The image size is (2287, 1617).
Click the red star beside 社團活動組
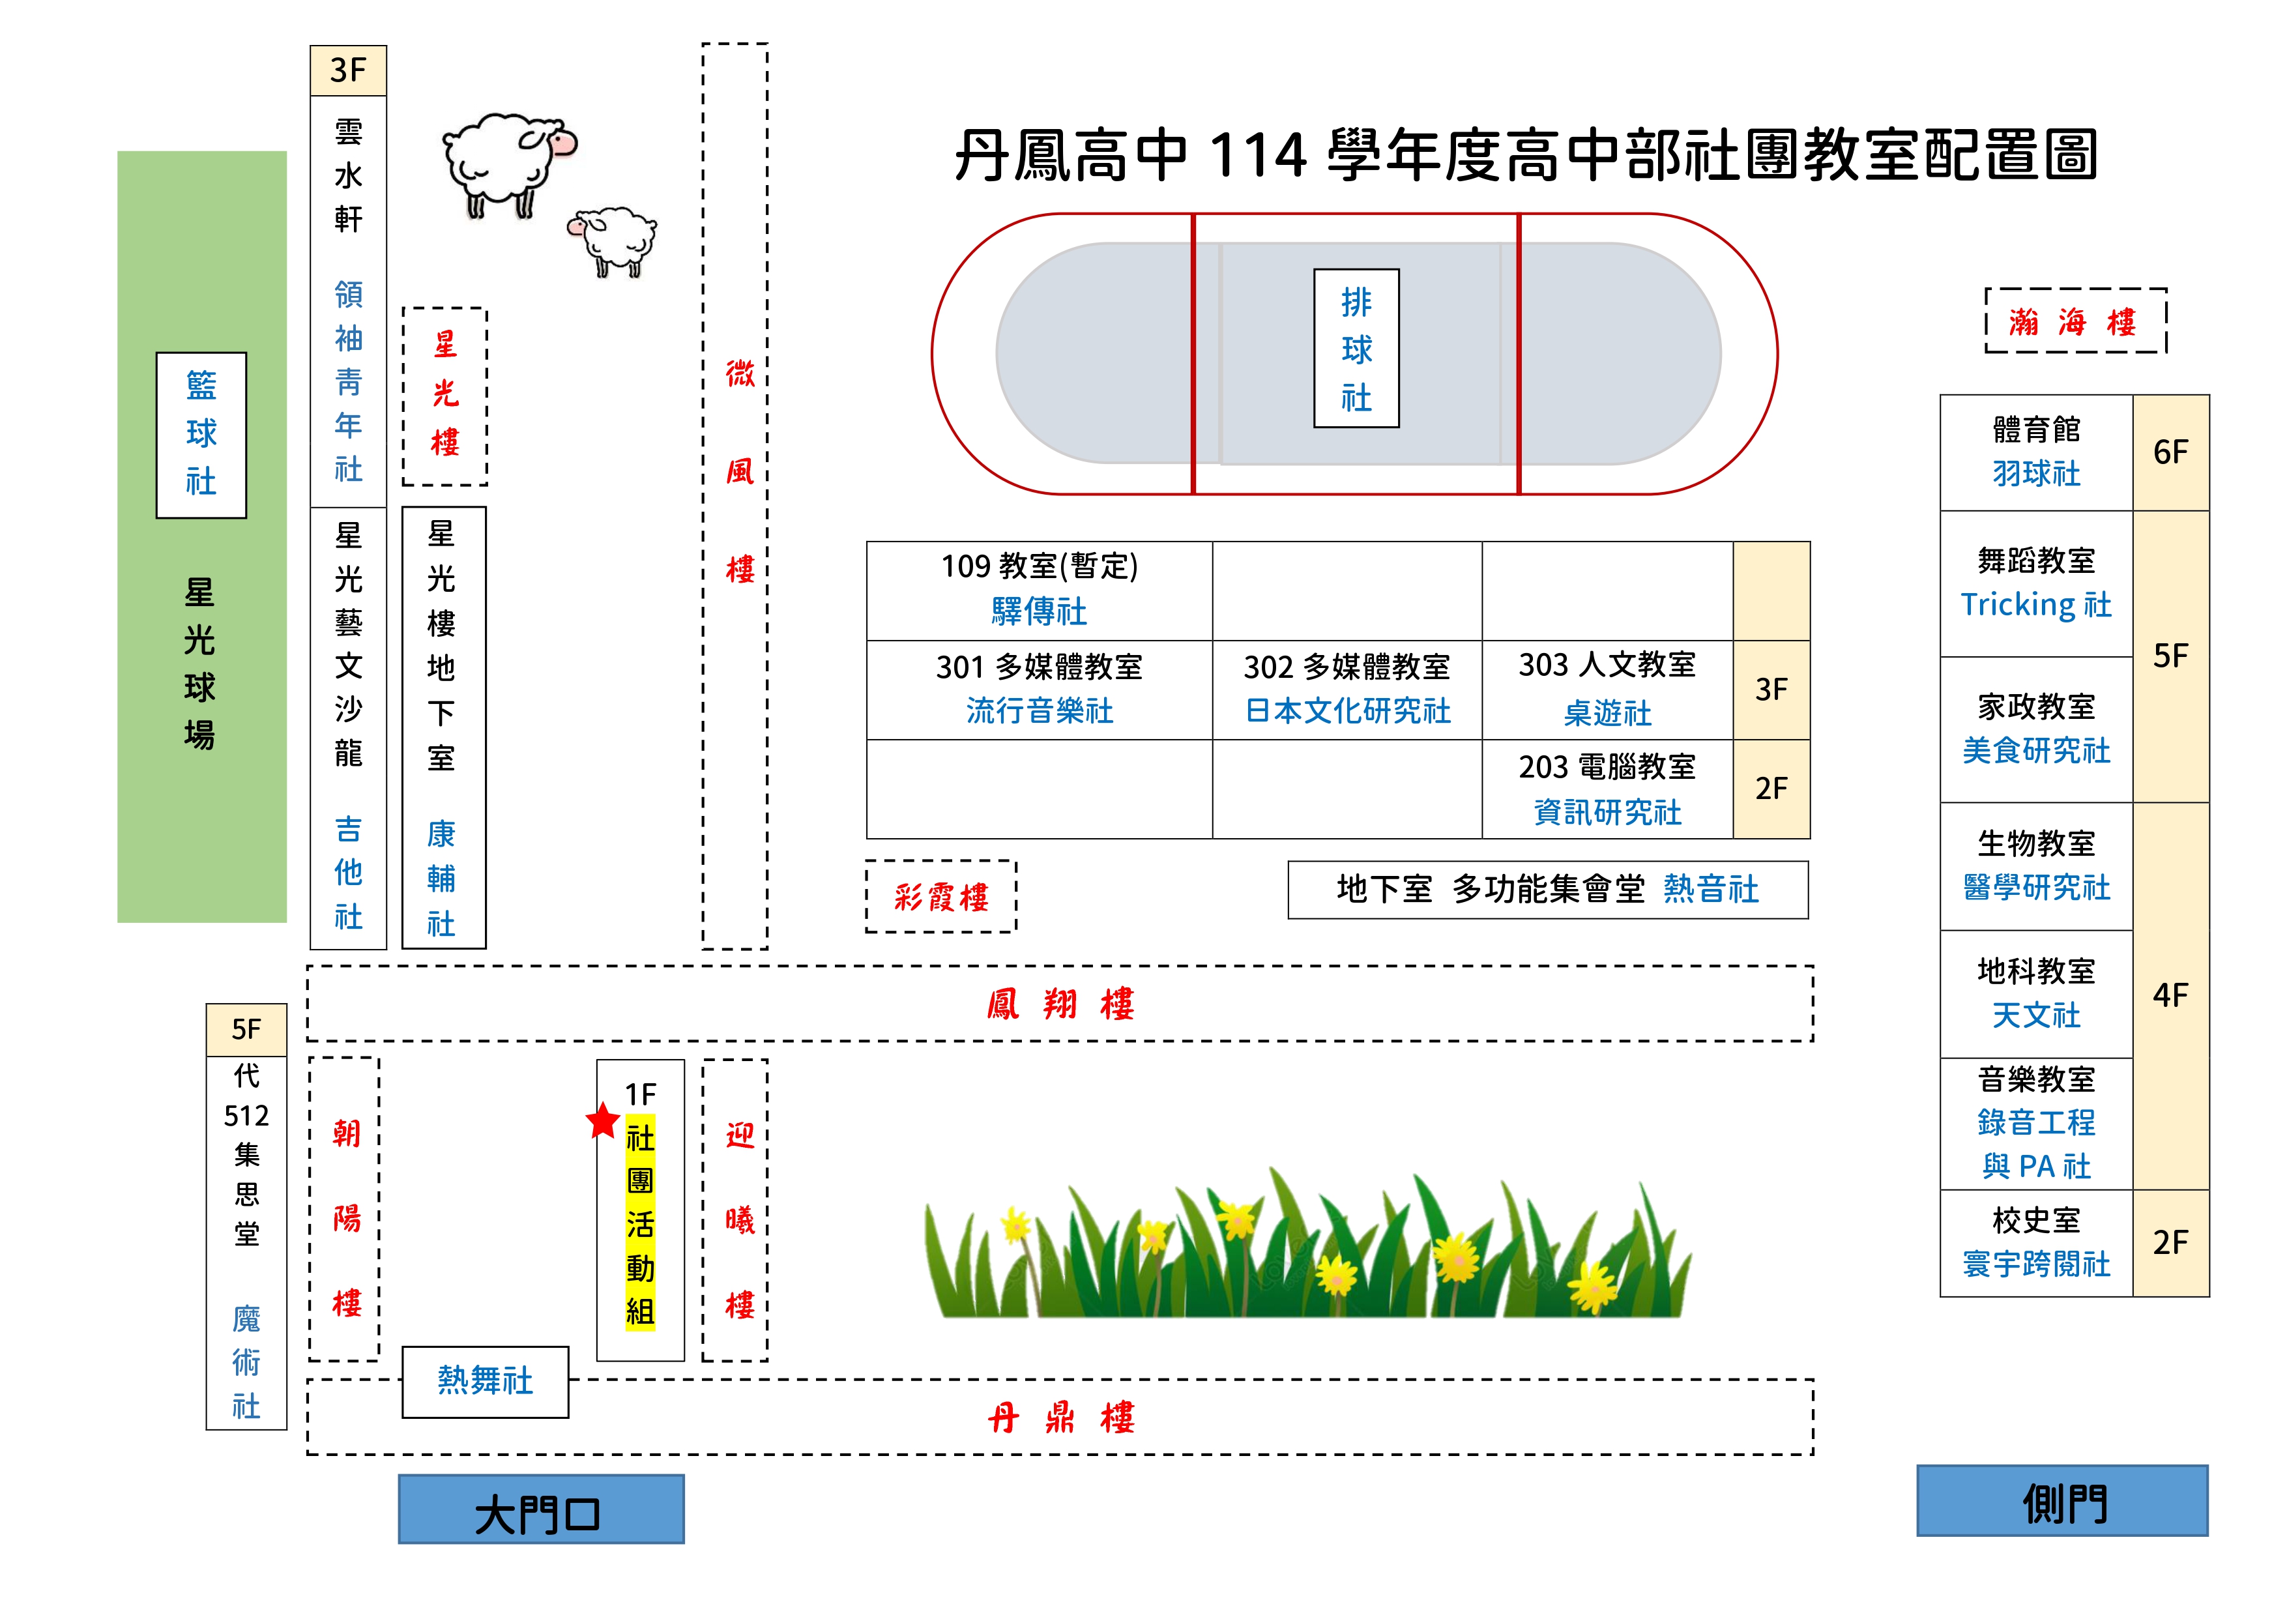pos(603,1121)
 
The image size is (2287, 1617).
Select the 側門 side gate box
pos(2062,1500)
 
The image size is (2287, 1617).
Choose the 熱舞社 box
pos(485,1381)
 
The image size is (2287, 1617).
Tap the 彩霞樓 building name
pos(941,897)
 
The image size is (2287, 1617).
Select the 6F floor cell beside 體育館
pos(2170,452)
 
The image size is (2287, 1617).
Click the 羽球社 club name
pos(2036,473)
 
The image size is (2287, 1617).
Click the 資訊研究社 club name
pos(1607,812)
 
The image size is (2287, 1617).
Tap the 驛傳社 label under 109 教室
pos(1039,612)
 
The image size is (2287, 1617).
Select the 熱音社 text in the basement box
pos(1710,889)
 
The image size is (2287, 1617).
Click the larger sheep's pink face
pos(561,143)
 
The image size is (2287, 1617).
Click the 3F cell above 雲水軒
pos(347,71)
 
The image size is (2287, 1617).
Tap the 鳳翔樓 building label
pos(1060,1003)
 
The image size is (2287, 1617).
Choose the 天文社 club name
pos(2036,1015)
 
